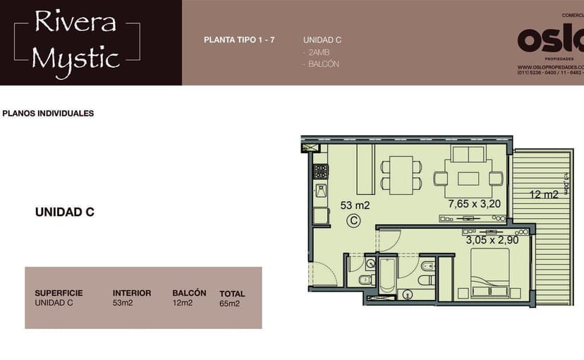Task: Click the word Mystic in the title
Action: pos(75,57)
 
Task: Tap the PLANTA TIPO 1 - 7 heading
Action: pos(239,40)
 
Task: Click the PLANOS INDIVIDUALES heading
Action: pos(49,113)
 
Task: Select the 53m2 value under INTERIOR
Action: pos(123,304)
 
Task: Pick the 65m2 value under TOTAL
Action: pos(230,304)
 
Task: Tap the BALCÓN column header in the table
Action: pos(189,293)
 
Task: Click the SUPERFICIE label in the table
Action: pos(59,293)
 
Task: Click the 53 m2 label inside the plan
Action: pos(355,205)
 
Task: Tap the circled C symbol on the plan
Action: pos(355,221)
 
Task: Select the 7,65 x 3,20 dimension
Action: pos(474,204)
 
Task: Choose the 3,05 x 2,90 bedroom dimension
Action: pos(492,240)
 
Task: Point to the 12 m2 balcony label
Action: pos(545,194)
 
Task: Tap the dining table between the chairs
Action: pos(401,174)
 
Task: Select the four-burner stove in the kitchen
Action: pos(321,171)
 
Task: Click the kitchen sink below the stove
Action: pos(321,191)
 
